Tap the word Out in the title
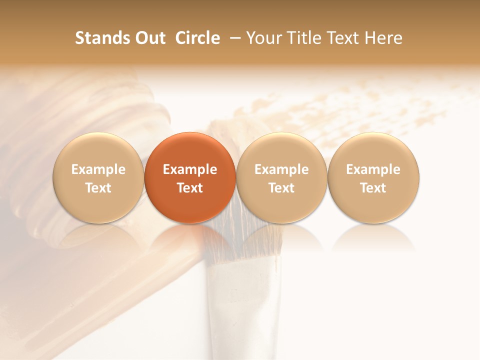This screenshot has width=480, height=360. [x=149, y=38]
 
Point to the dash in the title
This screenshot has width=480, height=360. [x=233, y=38]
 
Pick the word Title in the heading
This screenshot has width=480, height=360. [x=300, y=38]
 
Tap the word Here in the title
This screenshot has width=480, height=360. [x=383, y=38]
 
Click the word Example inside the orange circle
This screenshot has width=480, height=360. [x=190, y=169]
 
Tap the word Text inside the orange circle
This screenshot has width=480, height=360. [x=190, y=188]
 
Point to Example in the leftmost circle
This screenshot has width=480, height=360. [x=98, y=169]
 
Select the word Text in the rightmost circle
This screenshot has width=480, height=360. [x=373, y=188]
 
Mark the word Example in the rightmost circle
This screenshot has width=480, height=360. [x=373, y=169]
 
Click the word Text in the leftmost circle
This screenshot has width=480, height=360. [x=98, y=188]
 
